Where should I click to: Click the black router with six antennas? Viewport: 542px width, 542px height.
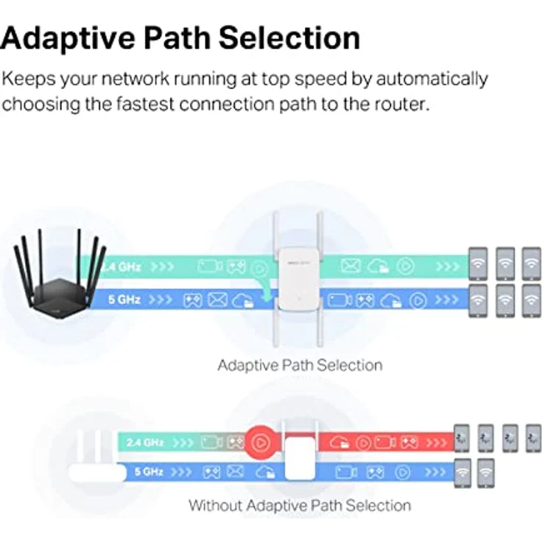59,284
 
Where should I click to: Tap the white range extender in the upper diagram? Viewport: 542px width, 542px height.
295,280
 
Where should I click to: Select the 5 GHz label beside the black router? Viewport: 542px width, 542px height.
124,300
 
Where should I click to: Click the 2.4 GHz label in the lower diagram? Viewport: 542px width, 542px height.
144,443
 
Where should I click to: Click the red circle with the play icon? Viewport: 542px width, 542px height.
259,442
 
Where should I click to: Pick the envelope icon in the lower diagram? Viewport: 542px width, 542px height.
235,471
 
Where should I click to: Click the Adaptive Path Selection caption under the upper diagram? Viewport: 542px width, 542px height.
300,365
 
